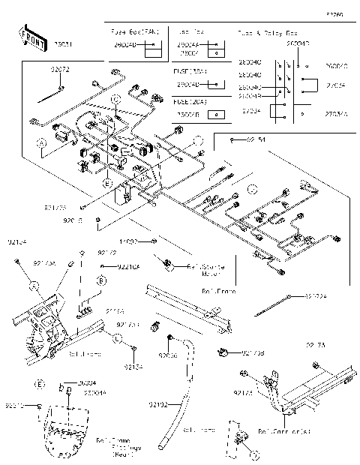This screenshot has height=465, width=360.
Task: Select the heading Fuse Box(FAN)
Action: [135, 34]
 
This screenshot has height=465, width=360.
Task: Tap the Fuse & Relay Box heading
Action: [267, 34]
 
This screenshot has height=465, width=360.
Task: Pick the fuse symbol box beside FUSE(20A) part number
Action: [216, 115]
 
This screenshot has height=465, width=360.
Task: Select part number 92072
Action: [60, 70]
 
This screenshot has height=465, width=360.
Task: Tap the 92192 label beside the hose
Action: [157, 404]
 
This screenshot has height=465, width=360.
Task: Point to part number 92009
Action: [167, 349]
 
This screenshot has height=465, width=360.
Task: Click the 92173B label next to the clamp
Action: [252, 352]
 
